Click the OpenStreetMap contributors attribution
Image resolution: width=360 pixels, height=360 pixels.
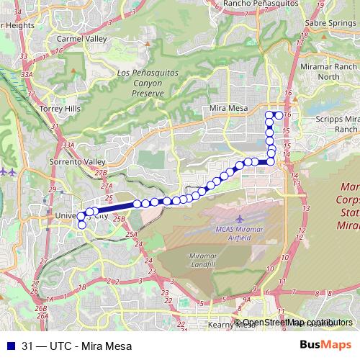click(x=297, y=323)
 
